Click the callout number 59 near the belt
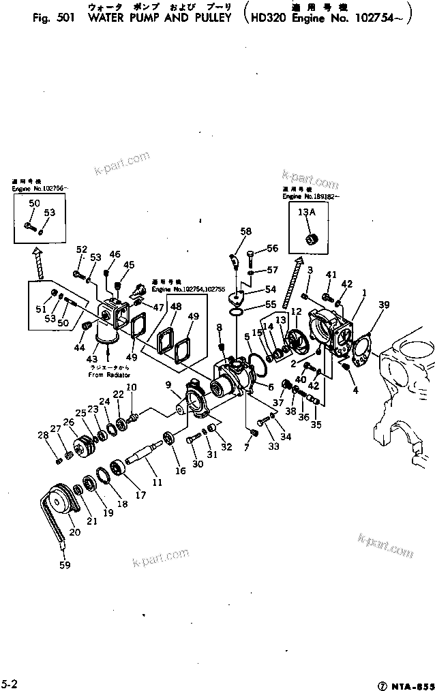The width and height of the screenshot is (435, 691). point(65,564)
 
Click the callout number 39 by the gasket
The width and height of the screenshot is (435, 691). point(385,305)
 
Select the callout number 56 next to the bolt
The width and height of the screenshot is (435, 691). point(271,248)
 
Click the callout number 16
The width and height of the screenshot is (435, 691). point(180,470)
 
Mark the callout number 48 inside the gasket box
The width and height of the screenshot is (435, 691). point(176,308)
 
